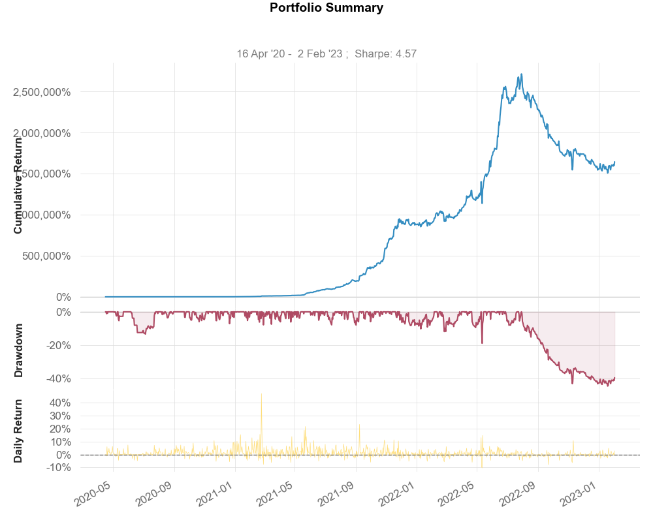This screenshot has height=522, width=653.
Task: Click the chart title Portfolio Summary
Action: point(326,8)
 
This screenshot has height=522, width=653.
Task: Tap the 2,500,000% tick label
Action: point(42,92)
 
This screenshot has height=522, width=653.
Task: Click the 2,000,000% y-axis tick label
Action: point(42,133)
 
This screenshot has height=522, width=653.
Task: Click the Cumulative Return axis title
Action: point(18,189)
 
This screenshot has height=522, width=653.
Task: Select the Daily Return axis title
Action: point(18,431)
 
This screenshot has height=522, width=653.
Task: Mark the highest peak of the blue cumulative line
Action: point(520,74)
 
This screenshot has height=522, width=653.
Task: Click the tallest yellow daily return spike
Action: point(261,393)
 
